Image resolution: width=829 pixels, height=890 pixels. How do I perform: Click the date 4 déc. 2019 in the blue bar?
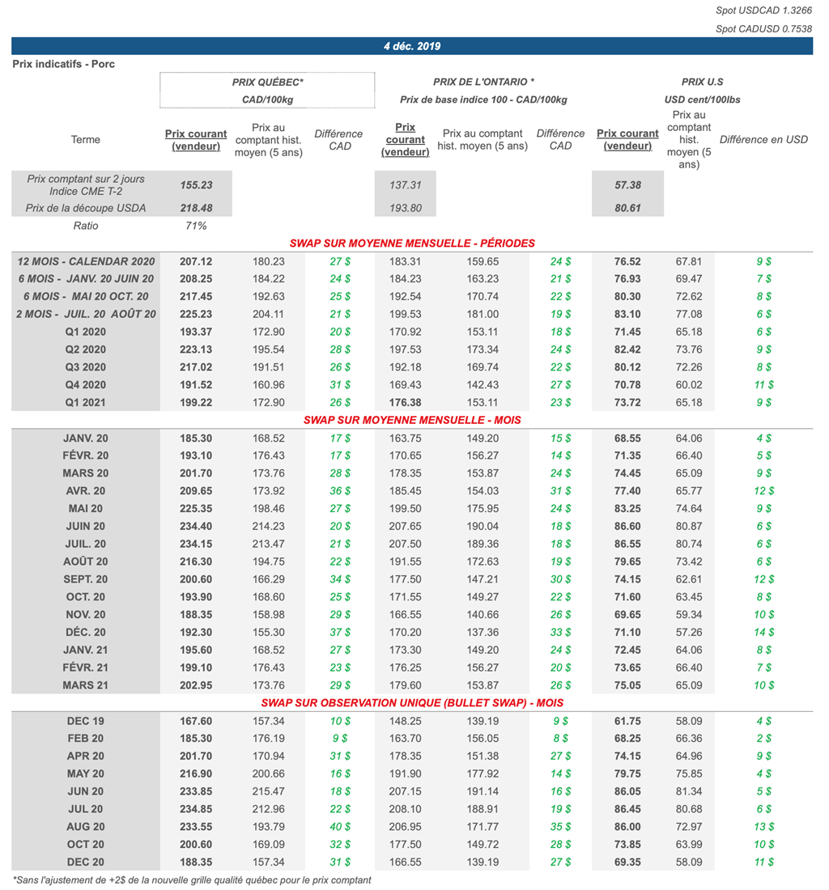click(412, 46)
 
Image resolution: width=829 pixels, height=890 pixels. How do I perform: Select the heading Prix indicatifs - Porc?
click(64, 64)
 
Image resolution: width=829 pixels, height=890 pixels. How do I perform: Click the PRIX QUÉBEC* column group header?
click(267, 82)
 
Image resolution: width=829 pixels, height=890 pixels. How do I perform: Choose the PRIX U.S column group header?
click(702, 82)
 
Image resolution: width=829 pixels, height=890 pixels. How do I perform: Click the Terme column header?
click(86, 139)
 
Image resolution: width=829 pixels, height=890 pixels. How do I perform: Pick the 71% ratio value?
click(196, 226)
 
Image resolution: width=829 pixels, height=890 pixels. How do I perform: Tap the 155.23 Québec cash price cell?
click(196, 184)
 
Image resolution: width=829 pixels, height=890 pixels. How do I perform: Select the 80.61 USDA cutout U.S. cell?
click(627, 208)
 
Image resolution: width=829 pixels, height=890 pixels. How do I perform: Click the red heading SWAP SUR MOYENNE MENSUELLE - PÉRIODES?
click(412, 243)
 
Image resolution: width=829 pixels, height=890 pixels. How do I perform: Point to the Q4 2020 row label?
click(86, 384)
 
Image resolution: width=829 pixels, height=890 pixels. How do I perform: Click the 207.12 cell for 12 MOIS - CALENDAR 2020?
click(196, 261)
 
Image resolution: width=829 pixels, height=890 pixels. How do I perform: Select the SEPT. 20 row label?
click(86, 579)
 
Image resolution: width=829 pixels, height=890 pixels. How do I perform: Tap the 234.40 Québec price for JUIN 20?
click(196, 526)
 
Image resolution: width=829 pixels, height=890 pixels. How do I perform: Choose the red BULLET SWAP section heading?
click(412, 702)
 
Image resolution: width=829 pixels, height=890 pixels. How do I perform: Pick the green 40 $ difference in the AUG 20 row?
click(340, 827)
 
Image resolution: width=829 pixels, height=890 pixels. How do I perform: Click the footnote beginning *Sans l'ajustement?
click(192, 879)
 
